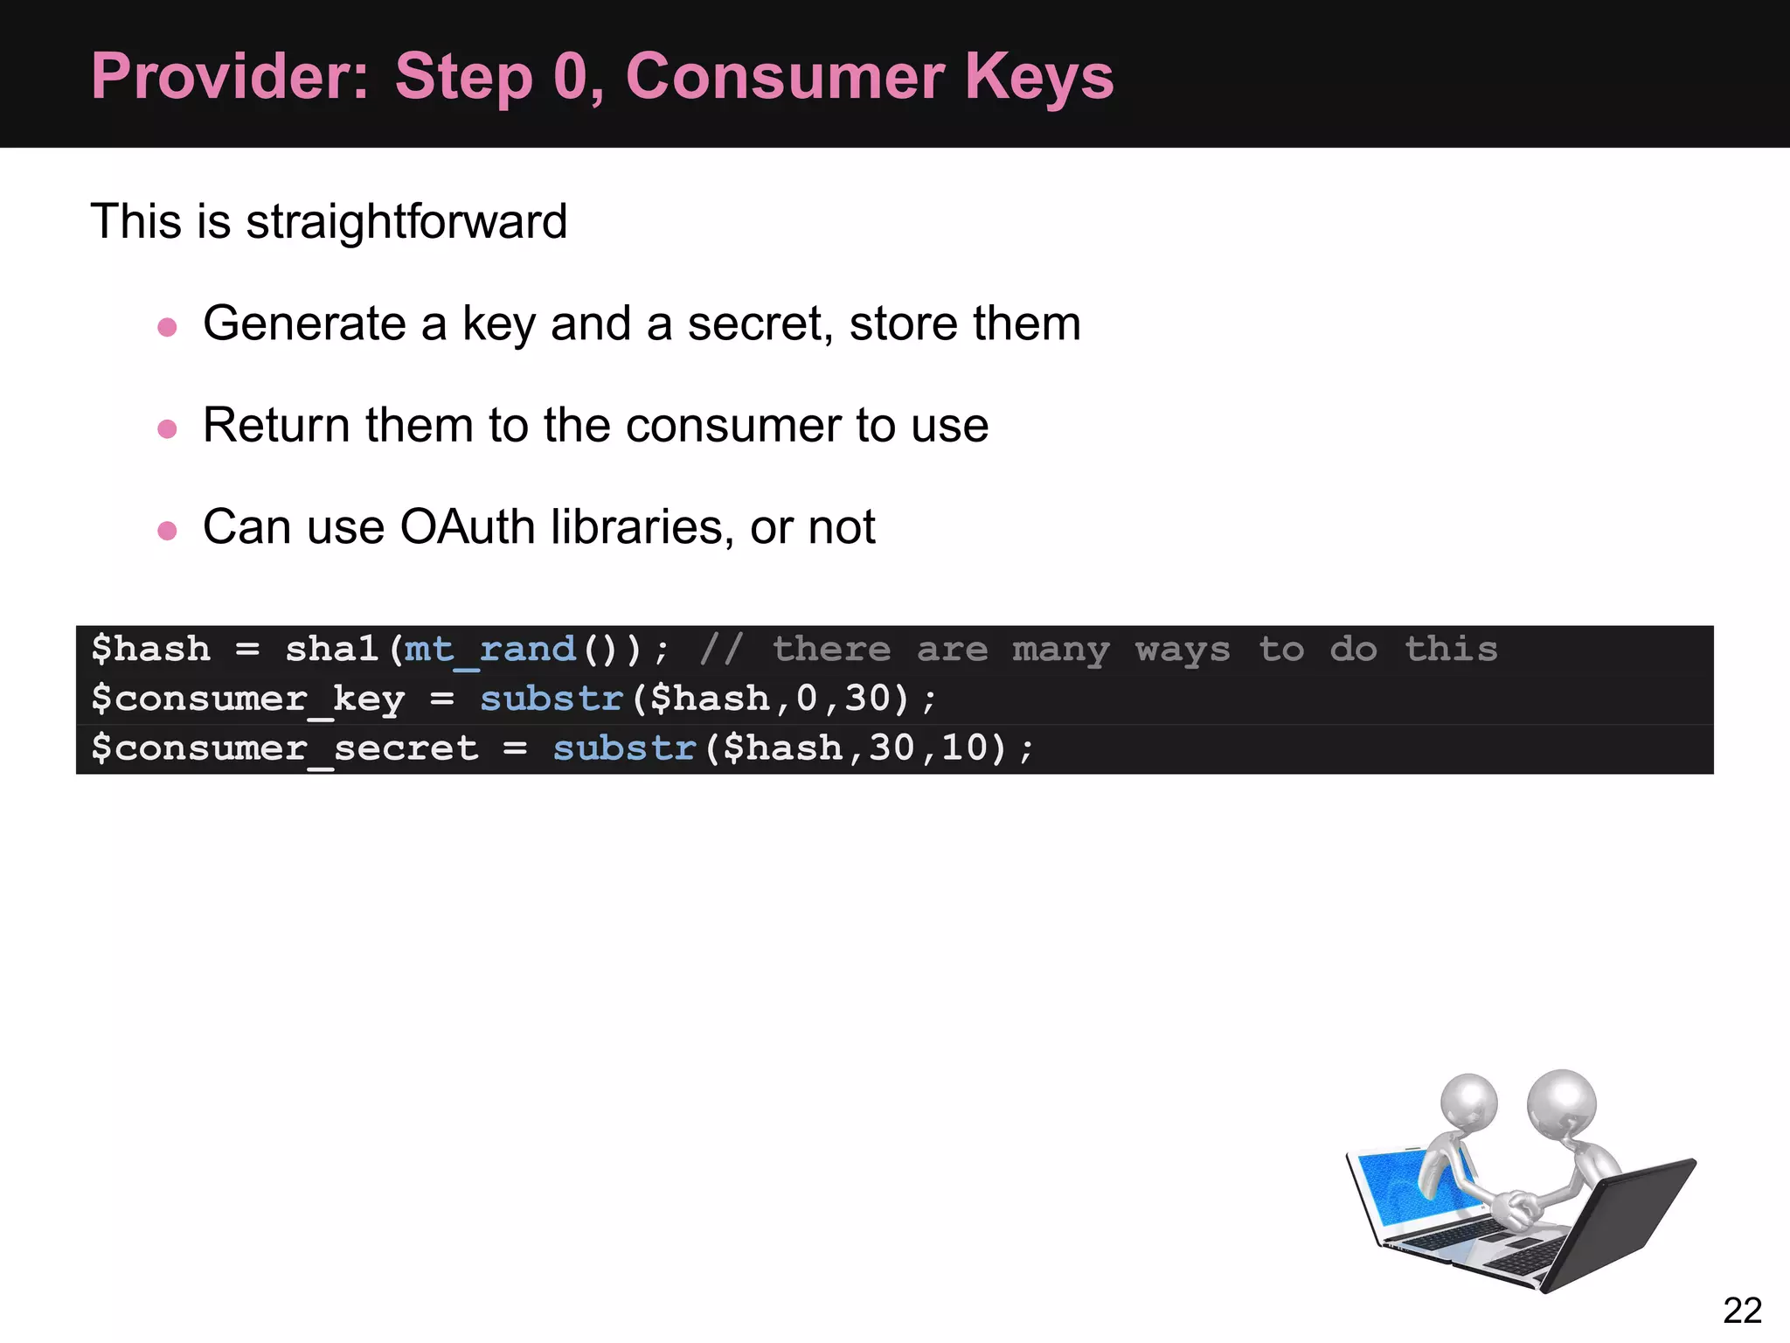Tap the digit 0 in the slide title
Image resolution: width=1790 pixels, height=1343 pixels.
(572, 77)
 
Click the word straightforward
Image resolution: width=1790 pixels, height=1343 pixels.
(406, 221)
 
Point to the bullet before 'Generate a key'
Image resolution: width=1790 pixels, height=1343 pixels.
(167, 327)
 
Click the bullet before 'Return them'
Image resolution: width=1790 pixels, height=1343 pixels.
(167, 428)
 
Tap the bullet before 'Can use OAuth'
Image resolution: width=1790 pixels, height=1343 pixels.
(167, 531)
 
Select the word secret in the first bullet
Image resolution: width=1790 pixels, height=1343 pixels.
(755, 324)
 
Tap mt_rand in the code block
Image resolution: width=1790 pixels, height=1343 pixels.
(489, 650)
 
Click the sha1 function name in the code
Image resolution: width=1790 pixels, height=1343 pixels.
(332, 650)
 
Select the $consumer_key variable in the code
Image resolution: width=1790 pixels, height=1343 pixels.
(248, 699)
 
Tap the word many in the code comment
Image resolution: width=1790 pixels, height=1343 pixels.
(1060, 650)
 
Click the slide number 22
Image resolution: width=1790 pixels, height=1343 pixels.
(1742, 1311)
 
